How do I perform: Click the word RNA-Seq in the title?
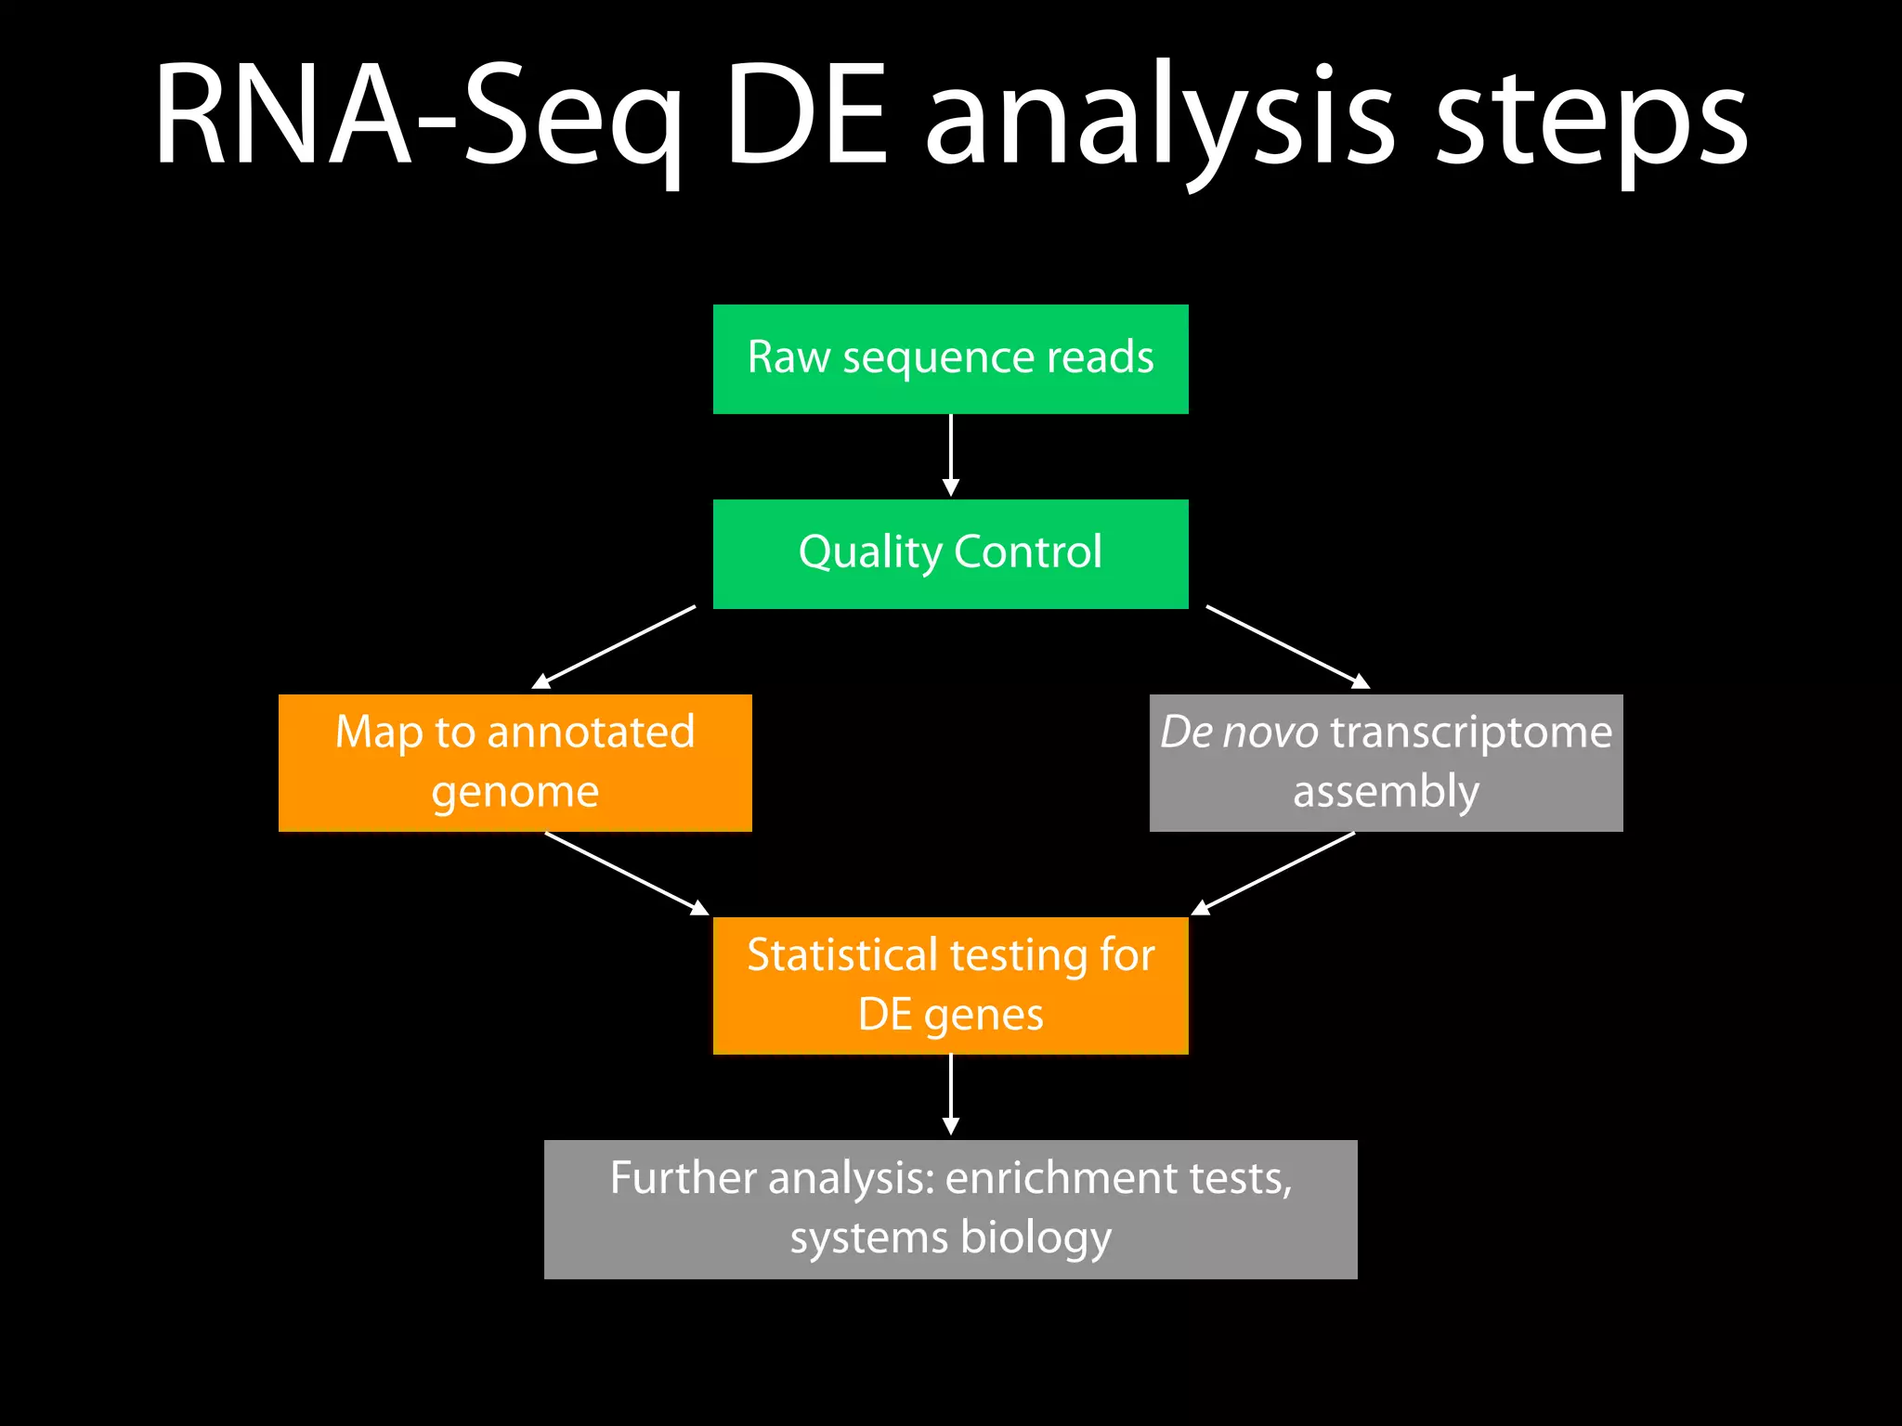pos(418,116)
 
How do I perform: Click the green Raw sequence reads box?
pos(950,359)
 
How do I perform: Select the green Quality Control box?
pos(950,554)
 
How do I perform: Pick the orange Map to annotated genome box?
pos(515,762)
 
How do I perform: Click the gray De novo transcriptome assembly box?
pos(1386,762)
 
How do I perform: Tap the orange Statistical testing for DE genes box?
pos(950,985)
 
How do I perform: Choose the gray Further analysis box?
pos(950,1209)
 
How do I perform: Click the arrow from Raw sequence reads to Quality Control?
pos(950,455)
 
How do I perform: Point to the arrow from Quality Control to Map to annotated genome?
pos(614,647)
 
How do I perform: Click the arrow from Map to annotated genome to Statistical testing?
pos(627,873)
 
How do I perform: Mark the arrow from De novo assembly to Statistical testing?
pos(1273,873)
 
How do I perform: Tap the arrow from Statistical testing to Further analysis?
pos(950,1094)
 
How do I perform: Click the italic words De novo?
pos(1239,732)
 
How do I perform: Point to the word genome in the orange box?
pos(515,793)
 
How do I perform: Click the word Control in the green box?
pos(1027,552)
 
